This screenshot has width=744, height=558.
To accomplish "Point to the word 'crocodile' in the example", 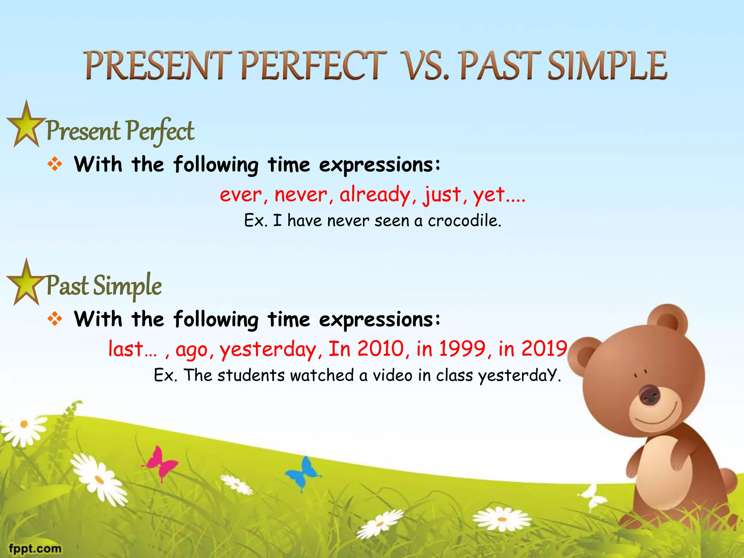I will coord(464,221).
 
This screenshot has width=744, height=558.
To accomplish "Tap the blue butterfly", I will coord(303,472).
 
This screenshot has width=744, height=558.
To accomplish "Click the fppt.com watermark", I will coord(35,548).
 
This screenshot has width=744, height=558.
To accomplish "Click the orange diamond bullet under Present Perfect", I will coord(55,165).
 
